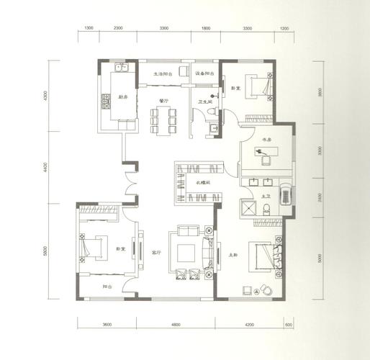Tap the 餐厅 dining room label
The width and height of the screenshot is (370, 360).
[x=163, y=101]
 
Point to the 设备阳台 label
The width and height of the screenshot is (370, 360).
[x=204, y=73]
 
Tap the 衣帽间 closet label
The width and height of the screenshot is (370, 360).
[x=203, y=183]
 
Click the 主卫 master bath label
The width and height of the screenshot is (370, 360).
[x=265, y=196]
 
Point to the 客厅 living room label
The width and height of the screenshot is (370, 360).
[x=155, y=253]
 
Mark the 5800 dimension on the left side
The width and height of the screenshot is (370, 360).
[x=45, y=250]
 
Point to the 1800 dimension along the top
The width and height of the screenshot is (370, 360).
[x=205, y=27]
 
